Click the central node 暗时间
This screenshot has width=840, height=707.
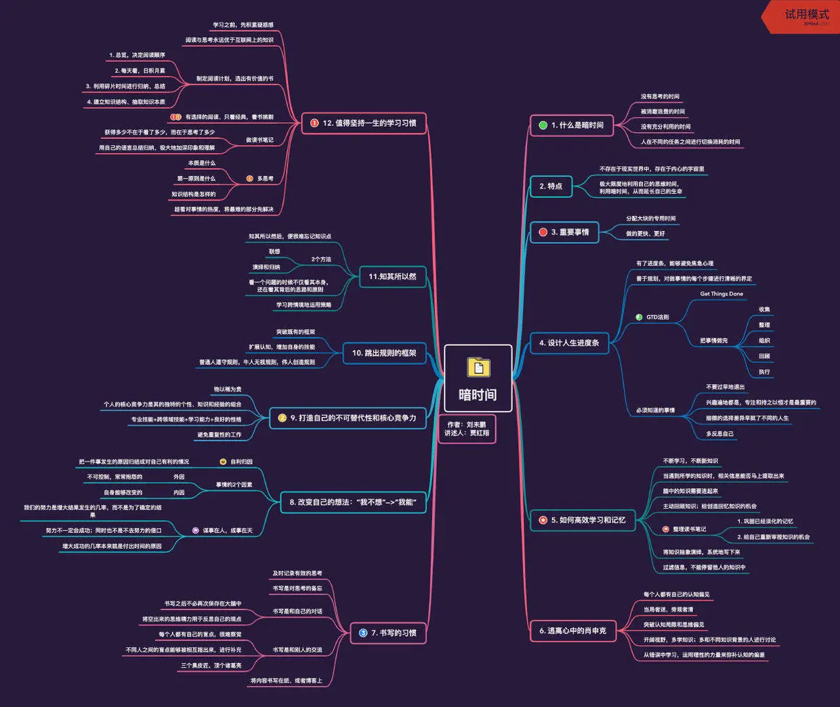478,394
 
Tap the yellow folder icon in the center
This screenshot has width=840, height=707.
478,367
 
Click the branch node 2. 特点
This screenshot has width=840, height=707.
551,186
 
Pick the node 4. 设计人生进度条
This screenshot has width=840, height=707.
569,343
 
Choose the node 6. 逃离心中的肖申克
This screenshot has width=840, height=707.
572,631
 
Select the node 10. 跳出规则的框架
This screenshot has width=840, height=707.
384,353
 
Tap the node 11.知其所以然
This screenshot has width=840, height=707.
392,276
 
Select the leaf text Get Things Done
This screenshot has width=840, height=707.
721,294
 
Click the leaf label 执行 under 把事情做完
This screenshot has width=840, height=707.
764,372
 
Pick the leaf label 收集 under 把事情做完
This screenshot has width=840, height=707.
764,309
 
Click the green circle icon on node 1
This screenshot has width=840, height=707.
543,125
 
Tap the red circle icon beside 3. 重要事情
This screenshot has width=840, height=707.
543,232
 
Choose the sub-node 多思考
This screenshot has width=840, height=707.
265,179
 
